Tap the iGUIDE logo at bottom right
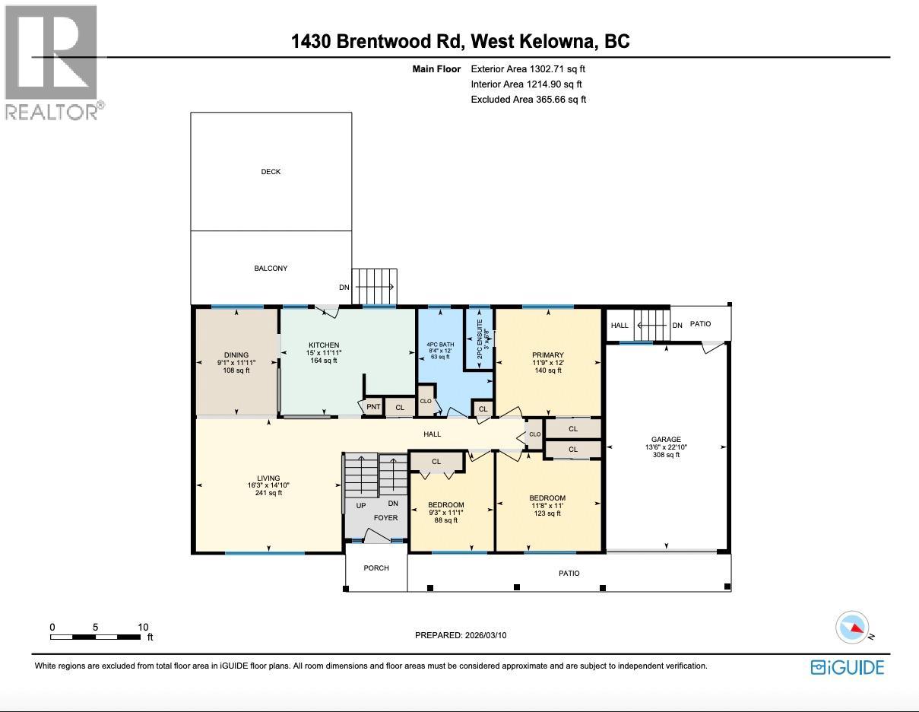847,667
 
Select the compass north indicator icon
851,628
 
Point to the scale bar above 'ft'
96,637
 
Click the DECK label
271,172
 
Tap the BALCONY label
271,269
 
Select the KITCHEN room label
324,345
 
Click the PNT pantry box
373,408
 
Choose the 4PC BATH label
440,345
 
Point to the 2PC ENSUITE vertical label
480,339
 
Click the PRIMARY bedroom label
547,355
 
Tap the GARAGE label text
666,440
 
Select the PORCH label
376,568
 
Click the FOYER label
385,518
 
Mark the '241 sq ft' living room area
268,493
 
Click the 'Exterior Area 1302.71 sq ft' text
528,69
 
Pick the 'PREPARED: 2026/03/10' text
461,635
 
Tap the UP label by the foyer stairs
361,506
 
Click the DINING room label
236,355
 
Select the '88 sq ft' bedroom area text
445,520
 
